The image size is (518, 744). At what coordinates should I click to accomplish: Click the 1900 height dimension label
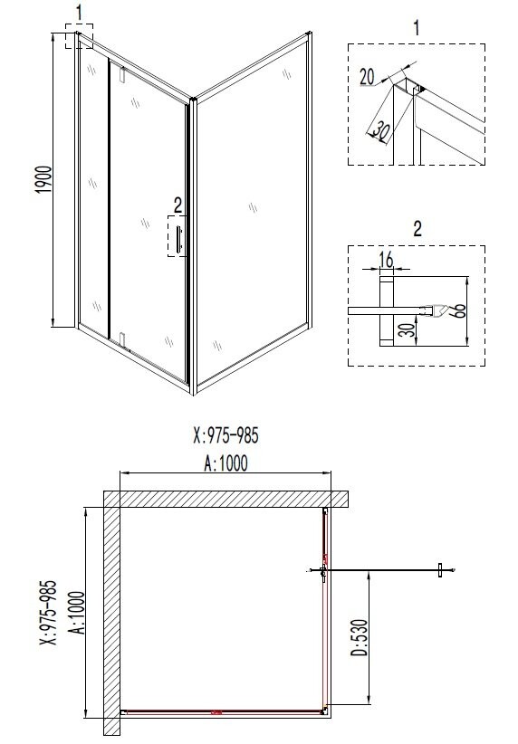[x=43, y=180]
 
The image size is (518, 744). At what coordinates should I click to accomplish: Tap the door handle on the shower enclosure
[x=178, y=239]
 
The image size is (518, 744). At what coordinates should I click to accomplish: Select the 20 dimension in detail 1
[x=367, y=76]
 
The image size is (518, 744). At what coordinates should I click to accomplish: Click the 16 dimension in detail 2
[x=386, y=260]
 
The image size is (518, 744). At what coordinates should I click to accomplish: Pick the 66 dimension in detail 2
[x=459, y=310]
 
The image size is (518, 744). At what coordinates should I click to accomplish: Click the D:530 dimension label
[x=359, y=638]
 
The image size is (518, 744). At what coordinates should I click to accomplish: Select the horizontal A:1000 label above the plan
[x=226, y=463]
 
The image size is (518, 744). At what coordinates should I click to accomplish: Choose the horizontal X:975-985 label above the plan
[x=226, y=435]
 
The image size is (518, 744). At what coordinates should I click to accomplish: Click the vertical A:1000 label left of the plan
[x=76, y=613]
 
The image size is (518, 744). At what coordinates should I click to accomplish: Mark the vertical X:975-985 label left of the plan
[x=48, y=613]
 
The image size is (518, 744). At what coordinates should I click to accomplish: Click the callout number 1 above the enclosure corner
[x=79, y=13]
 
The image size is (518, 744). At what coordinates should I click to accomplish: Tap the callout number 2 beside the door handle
[x=177, y=205]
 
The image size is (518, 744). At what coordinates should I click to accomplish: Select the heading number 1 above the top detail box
[x=417, y=27]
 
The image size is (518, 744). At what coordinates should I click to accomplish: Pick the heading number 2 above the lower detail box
[x=417, y=229]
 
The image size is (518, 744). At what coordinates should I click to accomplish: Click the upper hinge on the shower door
[x=122, y=75]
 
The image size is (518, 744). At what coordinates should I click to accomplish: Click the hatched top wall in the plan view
[x=226, y=499]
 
